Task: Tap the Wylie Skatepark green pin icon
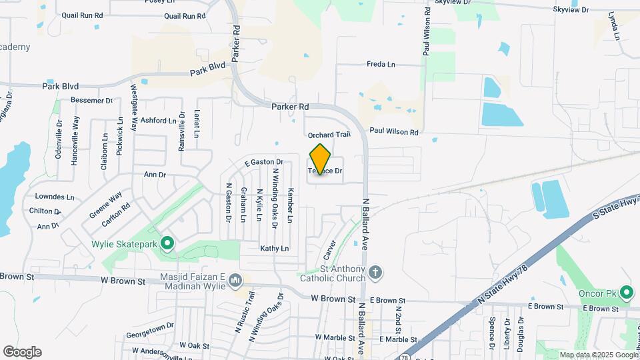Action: [x=167, y=244]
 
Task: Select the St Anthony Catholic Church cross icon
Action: [x=375, y=272]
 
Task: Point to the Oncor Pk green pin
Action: [x=626, y=292]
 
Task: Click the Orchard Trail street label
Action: [x=329, y=135]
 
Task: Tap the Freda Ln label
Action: [x=381, y=65]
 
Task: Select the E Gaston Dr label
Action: [x=264, y=162]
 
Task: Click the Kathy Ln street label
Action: [x=275, y=249]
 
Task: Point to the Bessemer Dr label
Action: [x=92, y=101]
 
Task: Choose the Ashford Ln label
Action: [x=158, y=121]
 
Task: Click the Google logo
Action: [x=22, y=352]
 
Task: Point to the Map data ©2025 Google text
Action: [x=598, y=355]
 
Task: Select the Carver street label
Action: [x=329, y=250]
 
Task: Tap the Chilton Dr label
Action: [x=45, y=211]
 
